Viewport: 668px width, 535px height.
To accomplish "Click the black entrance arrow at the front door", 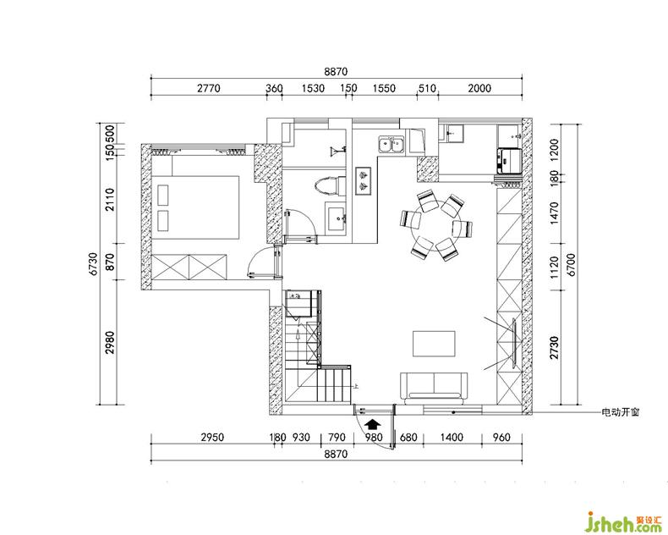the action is [x=374, y=423].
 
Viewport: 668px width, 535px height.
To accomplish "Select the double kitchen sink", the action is [x=391, y=144].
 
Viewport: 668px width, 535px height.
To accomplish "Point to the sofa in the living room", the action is [x=434, y=388].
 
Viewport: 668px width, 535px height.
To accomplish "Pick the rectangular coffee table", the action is [x=434, y=344].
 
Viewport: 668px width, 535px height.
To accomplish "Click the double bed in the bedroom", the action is [x=195, y=208].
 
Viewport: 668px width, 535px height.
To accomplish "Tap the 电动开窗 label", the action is [x=620, y=412].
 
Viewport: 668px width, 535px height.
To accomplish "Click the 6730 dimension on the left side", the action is [x=94, y=263].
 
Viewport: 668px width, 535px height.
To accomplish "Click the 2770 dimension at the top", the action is [x=209, y=88].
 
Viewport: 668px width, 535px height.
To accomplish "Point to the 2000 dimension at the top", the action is [x=479, y=88].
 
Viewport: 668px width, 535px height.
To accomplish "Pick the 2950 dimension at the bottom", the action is [x=212, y=438].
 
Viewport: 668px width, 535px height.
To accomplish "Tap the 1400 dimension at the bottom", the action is [x=452, y=438].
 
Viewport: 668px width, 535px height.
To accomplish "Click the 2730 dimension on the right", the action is [x=554, y=348].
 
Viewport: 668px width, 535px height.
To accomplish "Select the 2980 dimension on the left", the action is [x=110, y=342].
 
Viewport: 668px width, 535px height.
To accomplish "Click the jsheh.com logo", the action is [x=624, y=521].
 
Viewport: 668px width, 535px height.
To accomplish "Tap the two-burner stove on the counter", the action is [x=364, y=181].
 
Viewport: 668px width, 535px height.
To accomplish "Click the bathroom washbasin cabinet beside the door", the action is [x=337, y=218].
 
